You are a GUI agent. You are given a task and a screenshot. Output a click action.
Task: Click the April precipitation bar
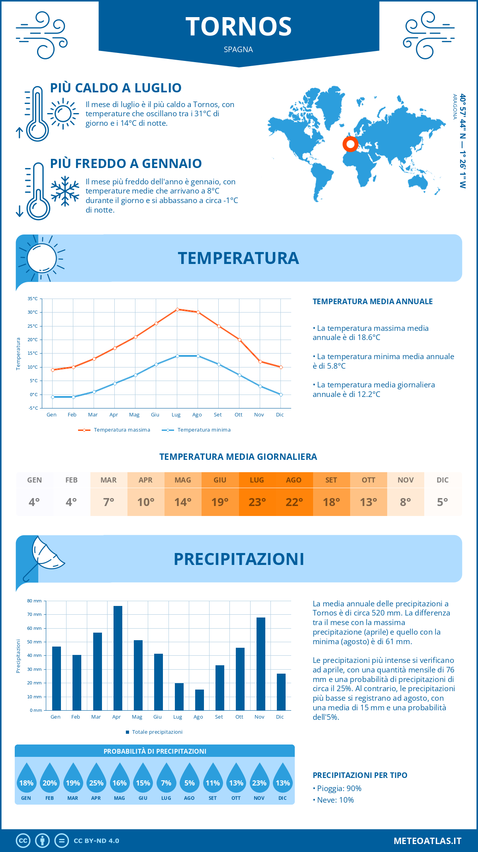click(x=118, y=658)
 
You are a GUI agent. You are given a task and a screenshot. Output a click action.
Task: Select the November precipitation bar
click(x=261, y=664)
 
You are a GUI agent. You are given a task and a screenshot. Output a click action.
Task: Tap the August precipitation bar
click(x=200, y=700)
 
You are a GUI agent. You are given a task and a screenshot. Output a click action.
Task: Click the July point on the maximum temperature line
click(x=177, y=309)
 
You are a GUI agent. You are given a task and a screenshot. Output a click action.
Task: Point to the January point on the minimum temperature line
click(x=53, y=397)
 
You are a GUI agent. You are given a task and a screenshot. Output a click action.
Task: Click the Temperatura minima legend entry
click(x=196, y=430)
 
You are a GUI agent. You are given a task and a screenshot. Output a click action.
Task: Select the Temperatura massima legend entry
click(x=114, y=430)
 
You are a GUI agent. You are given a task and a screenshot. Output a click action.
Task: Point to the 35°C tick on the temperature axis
click(x=33, y=299)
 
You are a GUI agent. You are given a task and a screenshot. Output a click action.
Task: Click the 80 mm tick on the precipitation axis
click(x=34, y=601)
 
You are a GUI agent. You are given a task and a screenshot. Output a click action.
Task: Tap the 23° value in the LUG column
click(x=257, y=502)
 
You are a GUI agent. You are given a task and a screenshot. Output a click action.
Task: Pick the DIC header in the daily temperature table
click(x=443, y=480)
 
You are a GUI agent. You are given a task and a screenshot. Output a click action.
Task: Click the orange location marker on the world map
click(x=351, y=144)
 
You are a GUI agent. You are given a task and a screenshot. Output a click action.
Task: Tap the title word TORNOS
click(x=239, y=27)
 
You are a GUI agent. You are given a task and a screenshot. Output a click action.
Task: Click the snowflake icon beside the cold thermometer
click(x=65, y=191)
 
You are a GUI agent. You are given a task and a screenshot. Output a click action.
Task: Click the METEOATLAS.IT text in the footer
click(x=427, y=841)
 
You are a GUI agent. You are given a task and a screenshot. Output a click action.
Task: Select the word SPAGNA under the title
click(x=238, y=49)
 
